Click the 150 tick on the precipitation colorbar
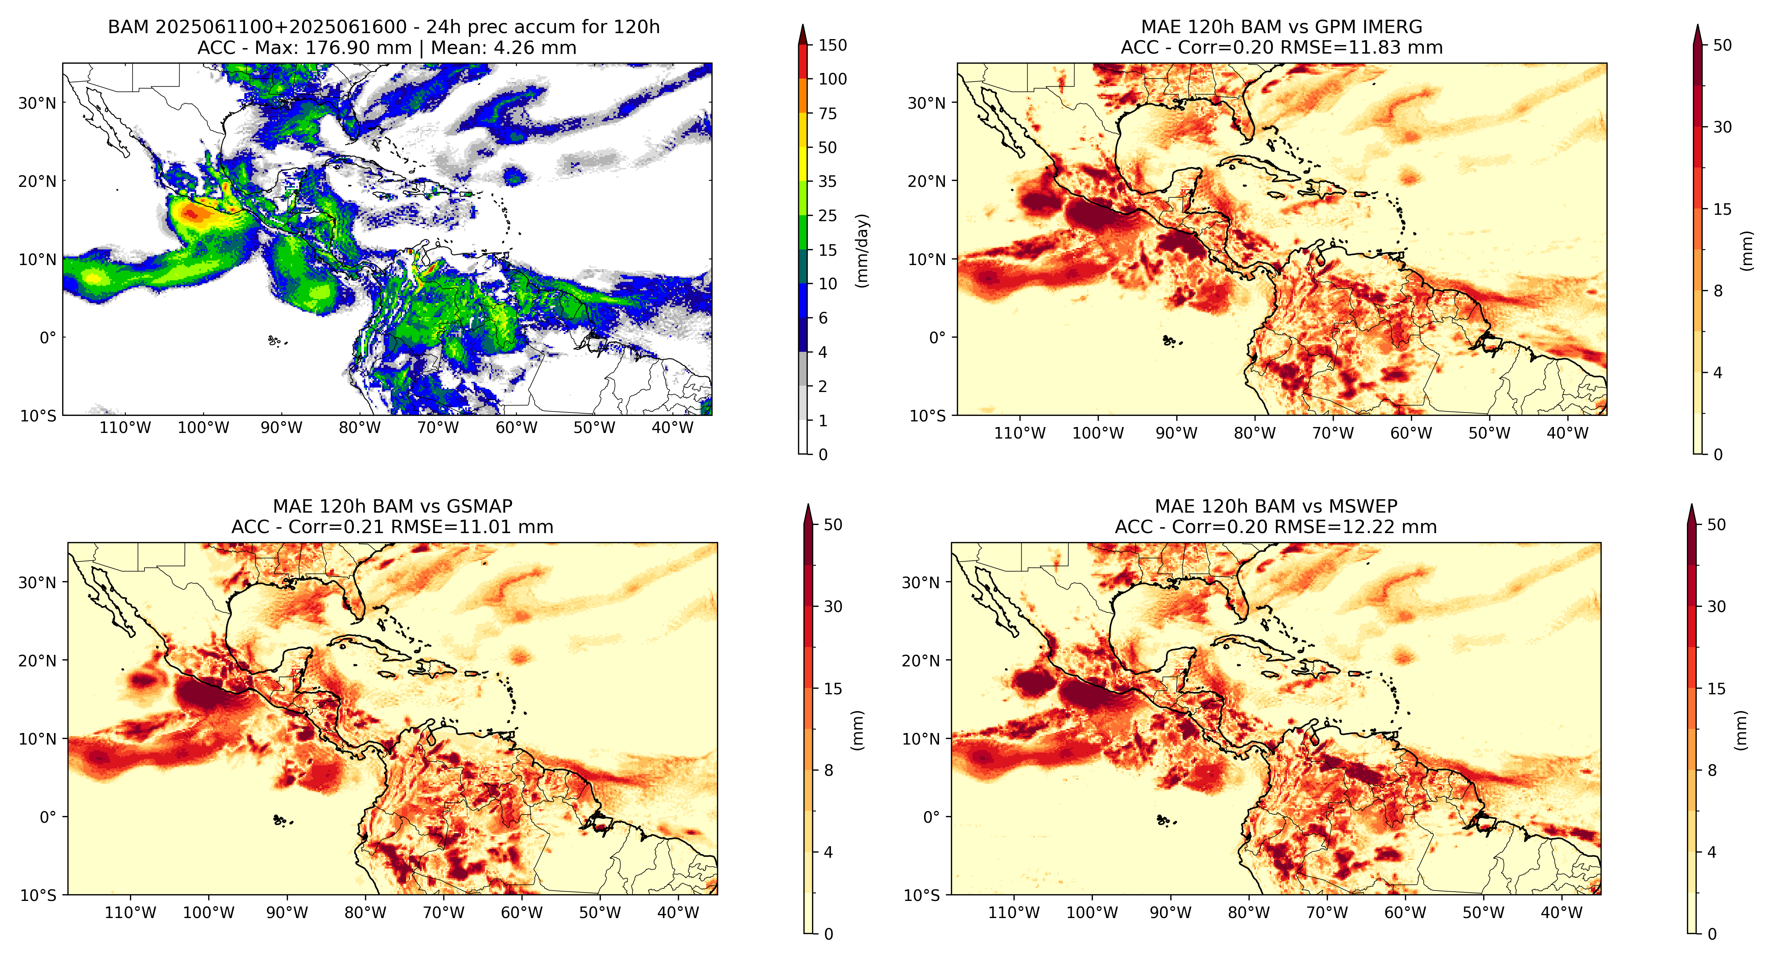832,45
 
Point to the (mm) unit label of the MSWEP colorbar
1741,730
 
